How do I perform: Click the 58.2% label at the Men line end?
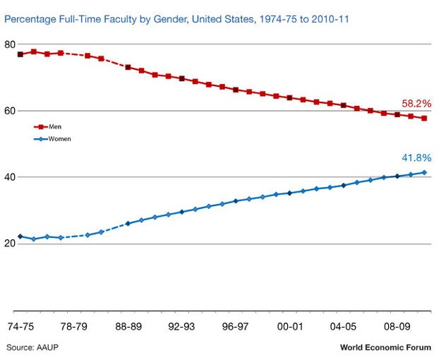[416, 104]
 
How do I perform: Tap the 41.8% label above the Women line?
[416, 158]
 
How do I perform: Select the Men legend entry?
[47, 126]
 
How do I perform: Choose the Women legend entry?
[52, 139]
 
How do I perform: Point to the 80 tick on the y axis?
[10, 44]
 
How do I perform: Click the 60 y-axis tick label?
[10, 111]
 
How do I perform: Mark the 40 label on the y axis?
[10, 177]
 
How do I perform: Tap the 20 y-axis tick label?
[10, 244]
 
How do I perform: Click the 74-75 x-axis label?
[20, 327]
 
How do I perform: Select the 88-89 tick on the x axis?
[128, 327]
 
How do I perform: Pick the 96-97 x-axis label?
[235, 327]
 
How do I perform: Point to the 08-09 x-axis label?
[397, 327]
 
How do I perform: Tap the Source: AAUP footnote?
[32, 347]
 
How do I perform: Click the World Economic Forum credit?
[385, 347]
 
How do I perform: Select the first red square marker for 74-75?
[20, 54]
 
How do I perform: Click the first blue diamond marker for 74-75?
[20, 236]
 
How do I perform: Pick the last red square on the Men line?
[424, 119]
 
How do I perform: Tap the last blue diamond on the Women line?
[424, 172]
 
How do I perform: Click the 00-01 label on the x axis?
[290, 327]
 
